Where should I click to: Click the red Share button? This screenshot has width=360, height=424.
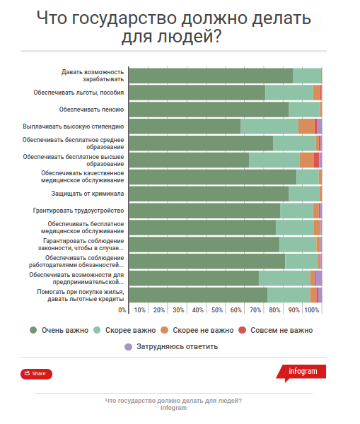36,374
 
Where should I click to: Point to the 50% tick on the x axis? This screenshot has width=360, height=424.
218,310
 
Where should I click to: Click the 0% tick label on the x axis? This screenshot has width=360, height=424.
122,310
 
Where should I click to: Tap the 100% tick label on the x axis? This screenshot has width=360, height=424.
313,310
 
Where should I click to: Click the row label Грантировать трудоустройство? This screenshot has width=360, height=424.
79,211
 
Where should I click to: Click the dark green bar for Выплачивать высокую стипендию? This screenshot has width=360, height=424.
184,126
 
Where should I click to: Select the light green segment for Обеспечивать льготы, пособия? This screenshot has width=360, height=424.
289,93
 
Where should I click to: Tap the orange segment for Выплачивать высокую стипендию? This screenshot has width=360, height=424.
306,126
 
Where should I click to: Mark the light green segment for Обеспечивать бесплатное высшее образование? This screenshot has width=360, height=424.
274,160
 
